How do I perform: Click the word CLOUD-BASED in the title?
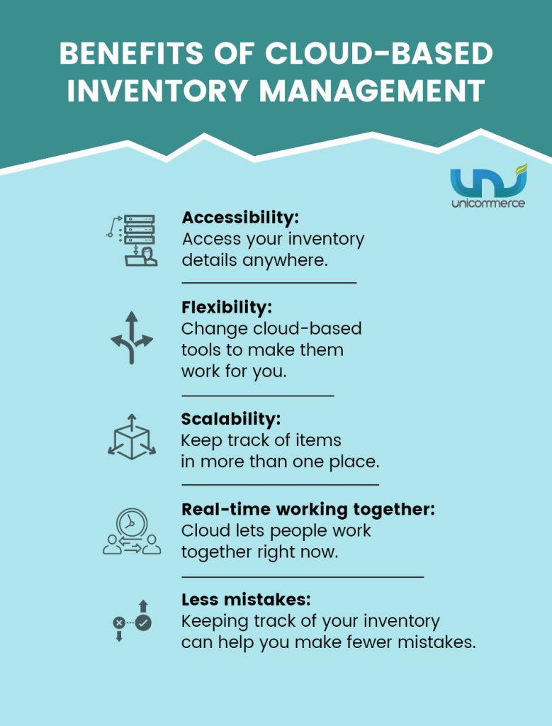379,54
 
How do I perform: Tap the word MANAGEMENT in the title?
372,91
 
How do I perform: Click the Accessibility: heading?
240,217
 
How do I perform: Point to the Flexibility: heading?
227,307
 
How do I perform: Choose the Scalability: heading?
231,419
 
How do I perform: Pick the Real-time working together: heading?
308,509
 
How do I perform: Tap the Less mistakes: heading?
246,600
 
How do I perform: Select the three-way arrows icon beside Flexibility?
132,337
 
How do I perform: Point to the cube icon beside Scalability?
132,437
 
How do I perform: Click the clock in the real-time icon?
132,523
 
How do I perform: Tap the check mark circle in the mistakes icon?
143,622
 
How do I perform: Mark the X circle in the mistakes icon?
119,622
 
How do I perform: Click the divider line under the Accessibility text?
269,282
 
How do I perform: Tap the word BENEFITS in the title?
131,54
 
